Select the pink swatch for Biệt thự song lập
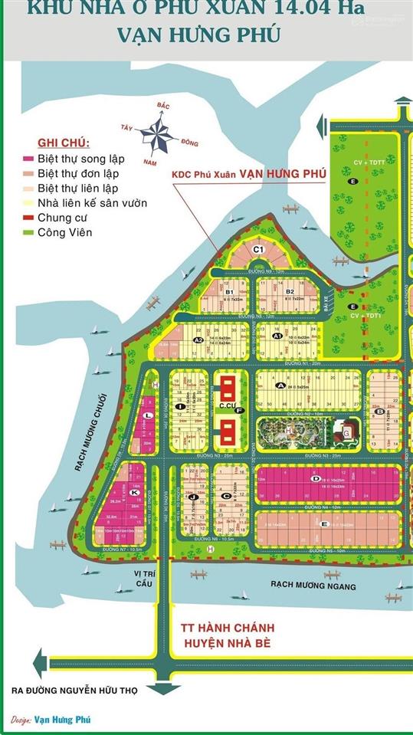click(28, 159)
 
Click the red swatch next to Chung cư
click(28, 218)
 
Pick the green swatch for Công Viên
click(28, 232)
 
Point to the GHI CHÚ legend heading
click(63, 143)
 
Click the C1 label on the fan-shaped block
click(258, 249)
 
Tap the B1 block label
click(228, 292)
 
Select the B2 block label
click(290, 292)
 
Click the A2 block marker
click(198, 340)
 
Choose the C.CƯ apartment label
click(227, 406)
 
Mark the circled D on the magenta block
click(315, 478)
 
